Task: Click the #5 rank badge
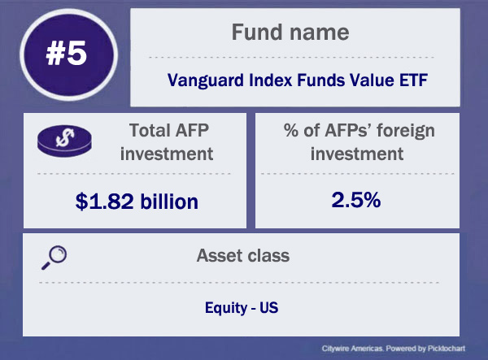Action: tap(68, 54)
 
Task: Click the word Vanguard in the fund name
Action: tap(206, 80)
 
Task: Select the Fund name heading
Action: tap(290, 33)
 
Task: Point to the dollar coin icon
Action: tap(64, 141)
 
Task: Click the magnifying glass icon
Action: tap(54, 258)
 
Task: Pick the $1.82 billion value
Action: tap(137, 202)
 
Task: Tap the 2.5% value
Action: tap(356, 200)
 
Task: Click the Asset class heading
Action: tap(243, 255)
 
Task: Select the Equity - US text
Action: tap(242, 308)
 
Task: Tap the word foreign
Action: tap(406, 131)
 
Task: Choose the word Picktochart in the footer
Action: tap(447, 349)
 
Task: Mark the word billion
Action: tap(169, 202)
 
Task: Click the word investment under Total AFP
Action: tap(167, 154)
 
